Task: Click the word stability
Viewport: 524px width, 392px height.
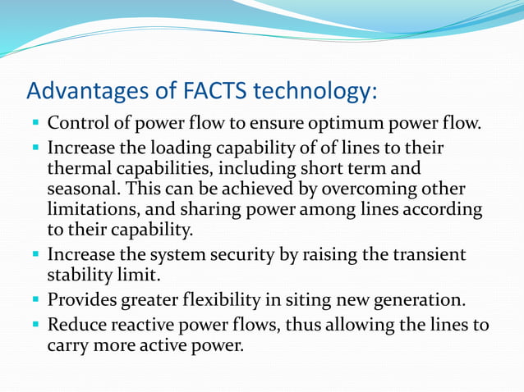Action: coord(80,276)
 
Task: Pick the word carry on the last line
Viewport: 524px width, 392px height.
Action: coord(67,346)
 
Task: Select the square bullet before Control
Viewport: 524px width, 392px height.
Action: coord(37,125)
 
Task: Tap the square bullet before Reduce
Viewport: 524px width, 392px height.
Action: coord(37,325)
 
